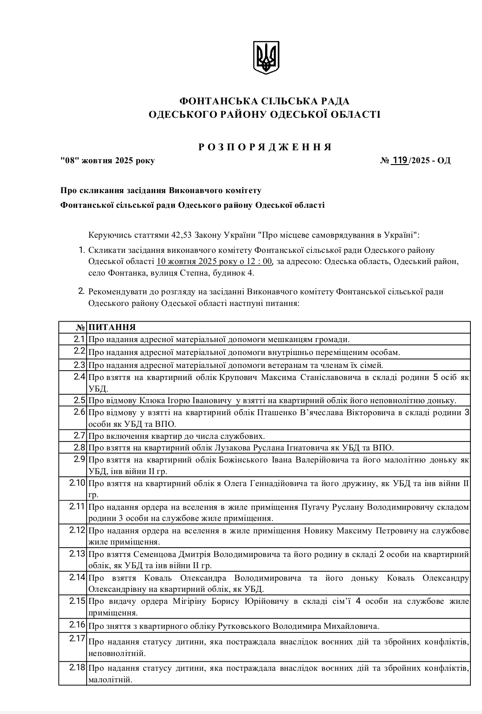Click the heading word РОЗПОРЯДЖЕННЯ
click(265, 147)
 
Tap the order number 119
click(399, 160)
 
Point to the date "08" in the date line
click(69, 161)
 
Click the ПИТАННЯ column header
click(112, 327)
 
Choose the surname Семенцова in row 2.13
click(155, 554)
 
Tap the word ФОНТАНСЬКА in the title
click(212, 101)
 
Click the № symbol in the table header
click(80, 327)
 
